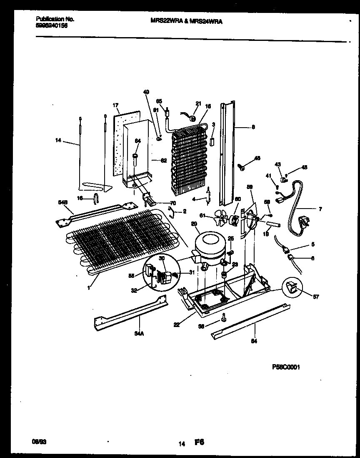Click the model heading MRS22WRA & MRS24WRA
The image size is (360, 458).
click(x=186, y=21)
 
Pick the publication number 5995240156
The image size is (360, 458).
click(x=52, y=25)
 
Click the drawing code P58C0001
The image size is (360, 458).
click(x=285, y=367)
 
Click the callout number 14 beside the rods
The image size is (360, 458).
click(x=58, y=141)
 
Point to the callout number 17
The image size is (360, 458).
click(x=115, y=105)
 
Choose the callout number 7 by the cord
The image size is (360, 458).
click(x=320, y=209)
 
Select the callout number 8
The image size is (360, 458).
click(x=253, y=127)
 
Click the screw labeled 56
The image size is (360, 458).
click(x=224, y=319)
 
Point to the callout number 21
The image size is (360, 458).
click(x=198, y=103)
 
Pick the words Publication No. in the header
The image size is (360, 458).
click(x=55, y=19)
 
